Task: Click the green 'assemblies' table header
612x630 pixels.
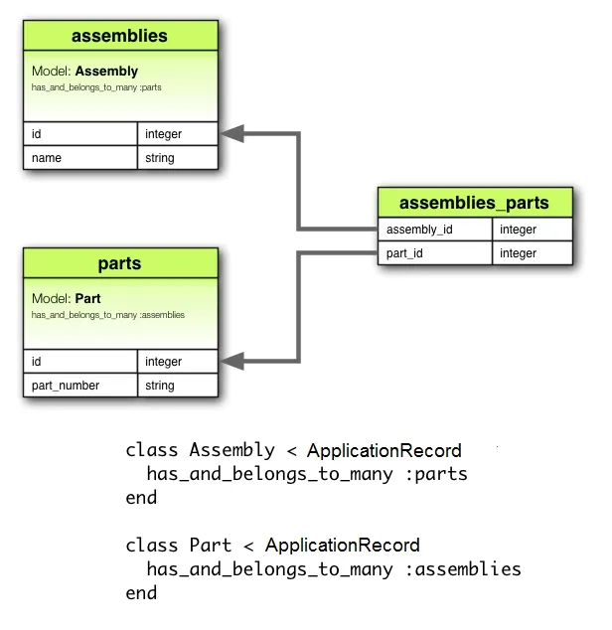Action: pyautogui.click(x=120, y=37)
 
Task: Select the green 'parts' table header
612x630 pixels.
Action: pyautogui.click(x=120, y=263)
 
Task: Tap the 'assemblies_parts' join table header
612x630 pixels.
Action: pyautogui.click(x=474, y=203)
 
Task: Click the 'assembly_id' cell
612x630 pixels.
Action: pyautogui.click(x=434, y=230)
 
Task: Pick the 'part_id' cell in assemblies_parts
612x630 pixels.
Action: pyautogui.click(x=434, y=253)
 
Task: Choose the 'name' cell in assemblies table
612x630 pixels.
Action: pyautogui.click(x=79, y=158)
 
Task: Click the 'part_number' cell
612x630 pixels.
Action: pyautogui.click(x=79, y=386)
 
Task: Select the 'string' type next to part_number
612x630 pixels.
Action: pyautogui.click(x=177, y=386)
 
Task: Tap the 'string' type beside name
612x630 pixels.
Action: pyautogui.click(x=177, y=158)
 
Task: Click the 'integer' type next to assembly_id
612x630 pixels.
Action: pyautogui.click(x=532, y=230)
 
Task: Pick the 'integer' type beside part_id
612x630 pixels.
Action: pyautogui.click(x=532, y=253)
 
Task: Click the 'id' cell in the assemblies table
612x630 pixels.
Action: pyautogui.click(x=79, y=134)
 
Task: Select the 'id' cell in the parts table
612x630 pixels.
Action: pyautogui.click(x=79, y=362)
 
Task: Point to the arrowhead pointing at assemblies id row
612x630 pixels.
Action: pyautogui.click(x=229, y=133)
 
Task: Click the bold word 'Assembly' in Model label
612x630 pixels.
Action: pyautogui.click(x=106, y=72)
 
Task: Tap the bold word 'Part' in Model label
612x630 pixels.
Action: pyautogui.click(x=87, y=298)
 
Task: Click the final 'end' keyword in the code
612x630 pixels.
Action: pyautogui.click(x=141, y=593)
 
